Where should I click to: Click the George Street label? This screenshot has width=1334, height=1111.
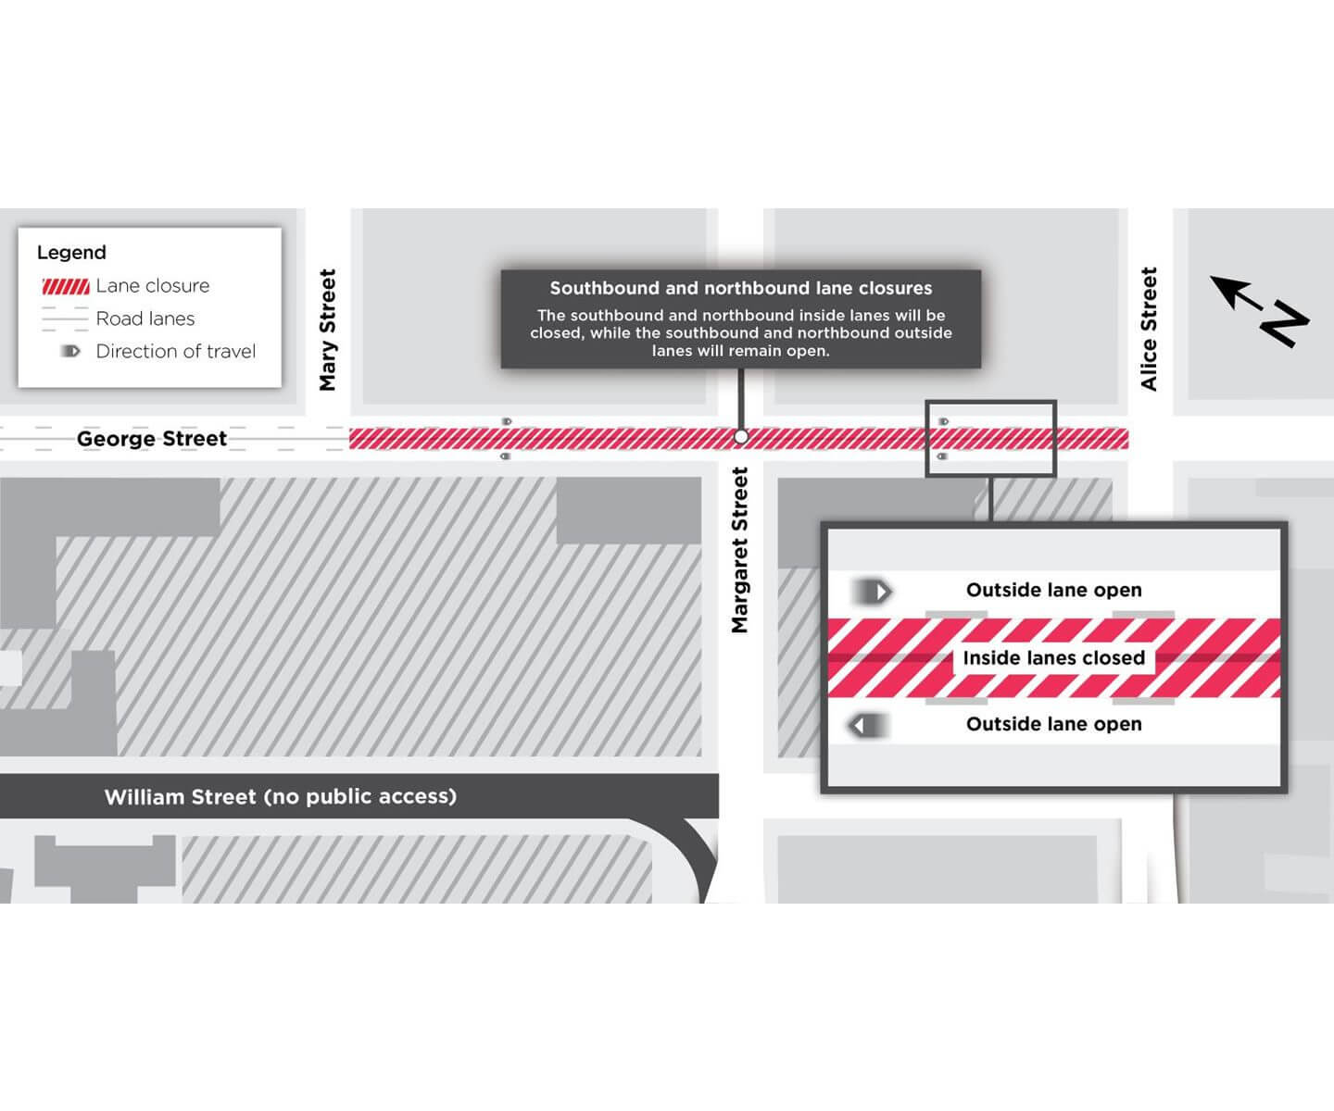click(152, 439)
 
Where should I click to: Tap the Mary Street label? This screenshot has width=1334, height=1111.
click(328, 330)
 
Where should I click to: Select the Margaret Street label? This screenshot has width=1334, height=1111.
click(739, 550)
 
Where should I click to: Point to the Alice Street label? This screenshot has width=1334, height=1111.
click(1150, 329)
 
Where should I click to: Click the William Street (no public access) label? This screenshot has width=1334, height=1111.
click(280, 796)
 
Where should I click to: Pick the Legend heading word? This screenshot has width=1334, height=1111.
click(71, 253)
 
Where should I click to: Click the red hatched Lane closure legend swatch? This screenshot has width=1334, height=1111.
click(66, 286)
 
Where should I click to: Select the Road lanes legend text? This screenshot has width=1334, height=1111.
click(145, 318)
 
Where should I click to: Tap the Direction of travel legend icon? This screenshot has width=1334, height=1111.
click(70, 352)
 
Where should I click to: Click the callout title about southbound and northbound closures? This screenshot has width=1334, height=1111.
click(741, 288)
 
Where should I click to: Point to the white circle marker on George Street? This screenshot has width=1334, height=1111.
click(740, 436)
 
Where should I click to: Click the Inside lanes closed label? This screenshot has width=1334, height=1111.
click(1054, 658)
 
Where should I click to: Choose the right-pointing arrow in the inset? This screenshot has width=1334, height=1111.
click(873, 591)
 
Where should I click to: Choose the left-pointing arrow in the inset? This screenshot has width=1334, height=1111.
click(869, 725)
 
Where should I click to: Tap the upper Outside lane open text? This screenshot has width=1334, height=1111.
click(1054, 591)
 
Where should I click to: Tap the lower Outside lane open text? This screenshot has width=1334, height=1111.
click(1054, 724)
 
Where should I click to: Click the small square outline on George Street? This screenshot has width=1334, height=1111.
click(990, 439)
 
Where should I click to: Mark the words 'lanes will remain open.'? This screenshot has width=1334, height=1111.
click(741, 351)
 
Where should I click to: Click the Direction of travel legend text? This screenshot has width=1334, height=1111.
click(176, 352)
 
